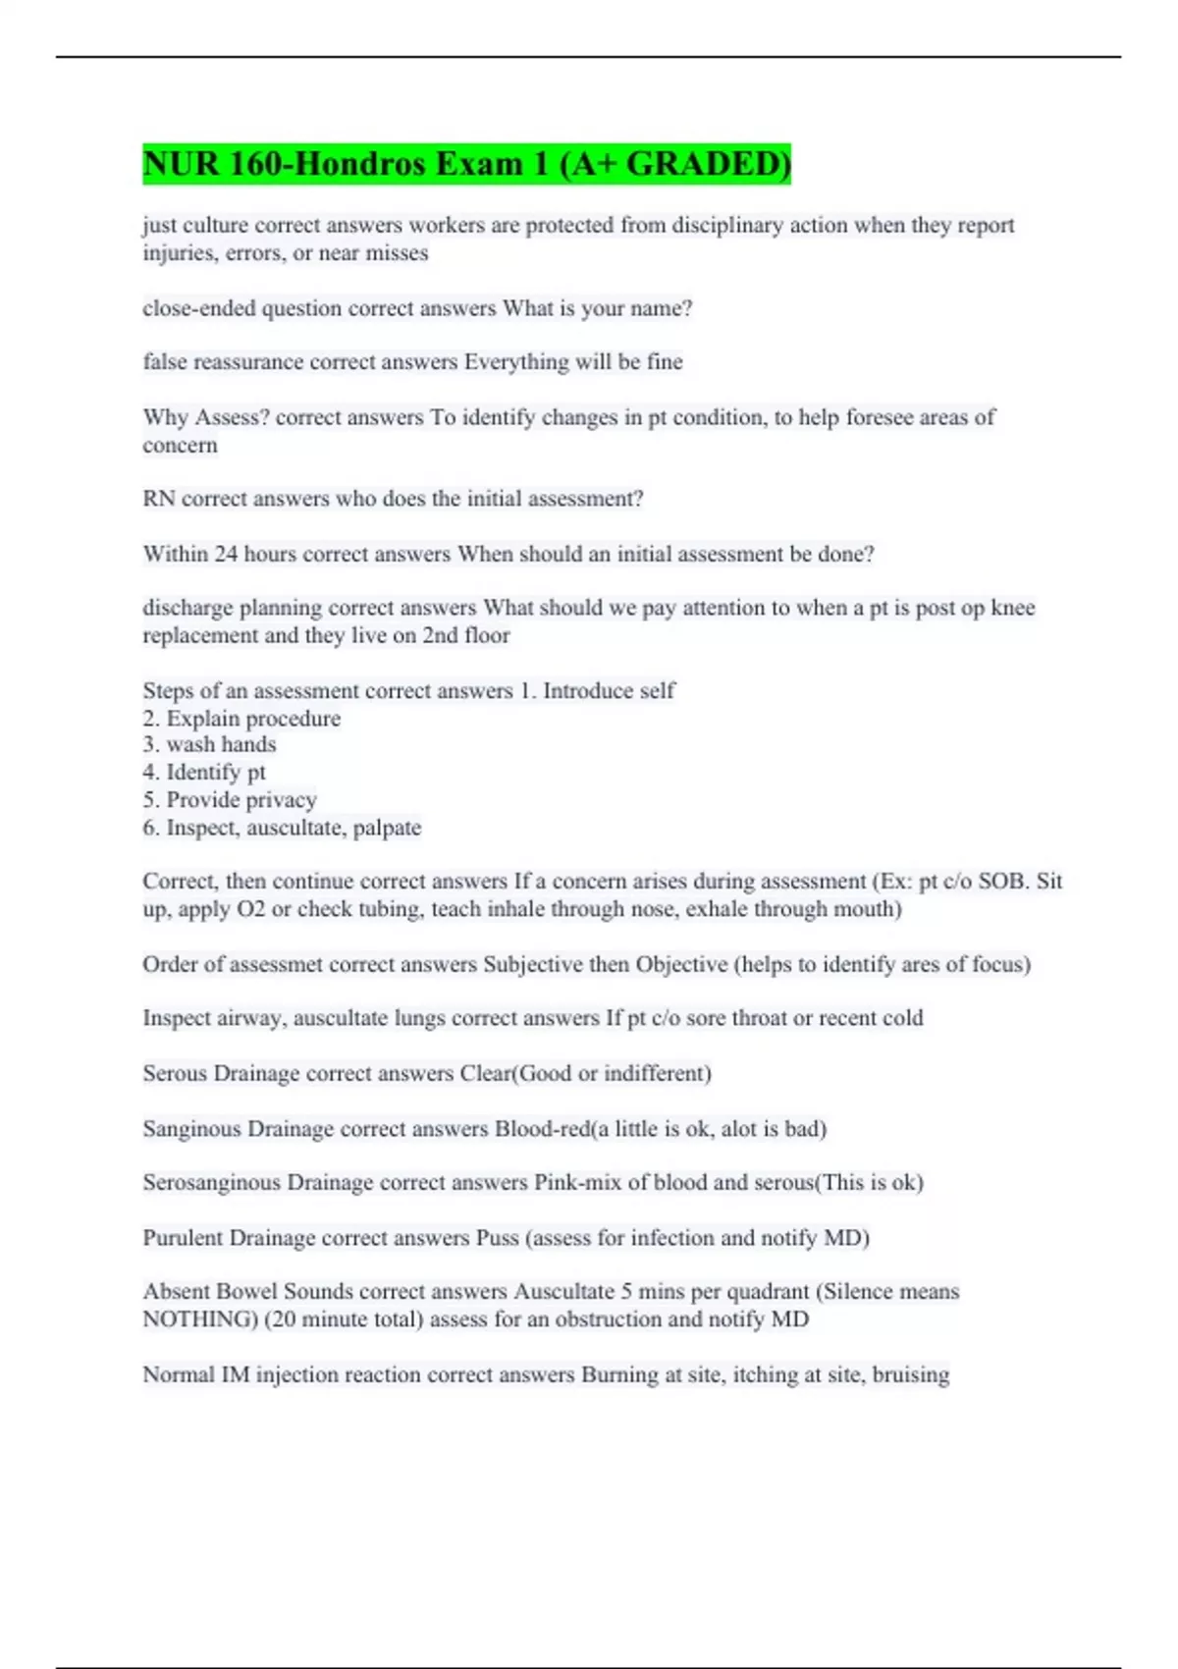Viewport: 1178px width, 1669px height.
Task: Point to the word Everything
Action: [x=516, y=362]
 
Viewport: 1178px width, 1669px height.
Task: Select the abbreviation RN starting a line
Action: [x=158, y=499]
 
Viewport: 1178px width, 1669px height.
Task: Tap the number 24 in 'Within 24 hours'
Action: [x=226, y=554]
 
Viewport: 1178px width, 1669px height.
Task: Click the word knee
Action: [x=1013, y=608]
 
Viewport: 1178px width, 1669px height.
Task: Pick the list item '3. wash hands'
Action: [x=209, y=745]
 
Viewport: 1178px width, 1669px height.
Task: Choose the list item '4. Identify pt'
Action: [x=204, y=773]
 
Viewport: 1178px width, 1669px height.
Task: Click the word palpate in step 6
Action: [x=387, y=828]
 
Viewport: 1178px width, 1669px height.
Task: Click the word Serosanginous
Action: [x=211, y=1182]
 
